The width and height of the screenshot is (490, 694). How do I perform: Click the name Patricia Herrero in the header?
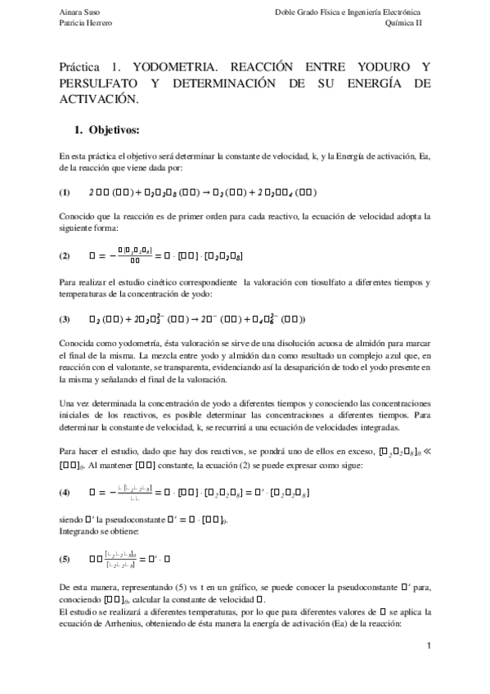[x=85, y=24]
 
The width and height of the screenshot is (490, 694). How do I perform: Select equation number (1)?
[x=65, y=192]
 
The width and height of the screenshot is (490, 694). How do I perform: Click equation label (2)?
[x=65, y=255]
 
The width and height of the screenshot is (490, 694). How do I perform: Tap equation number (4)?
[x=65, y=494]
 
